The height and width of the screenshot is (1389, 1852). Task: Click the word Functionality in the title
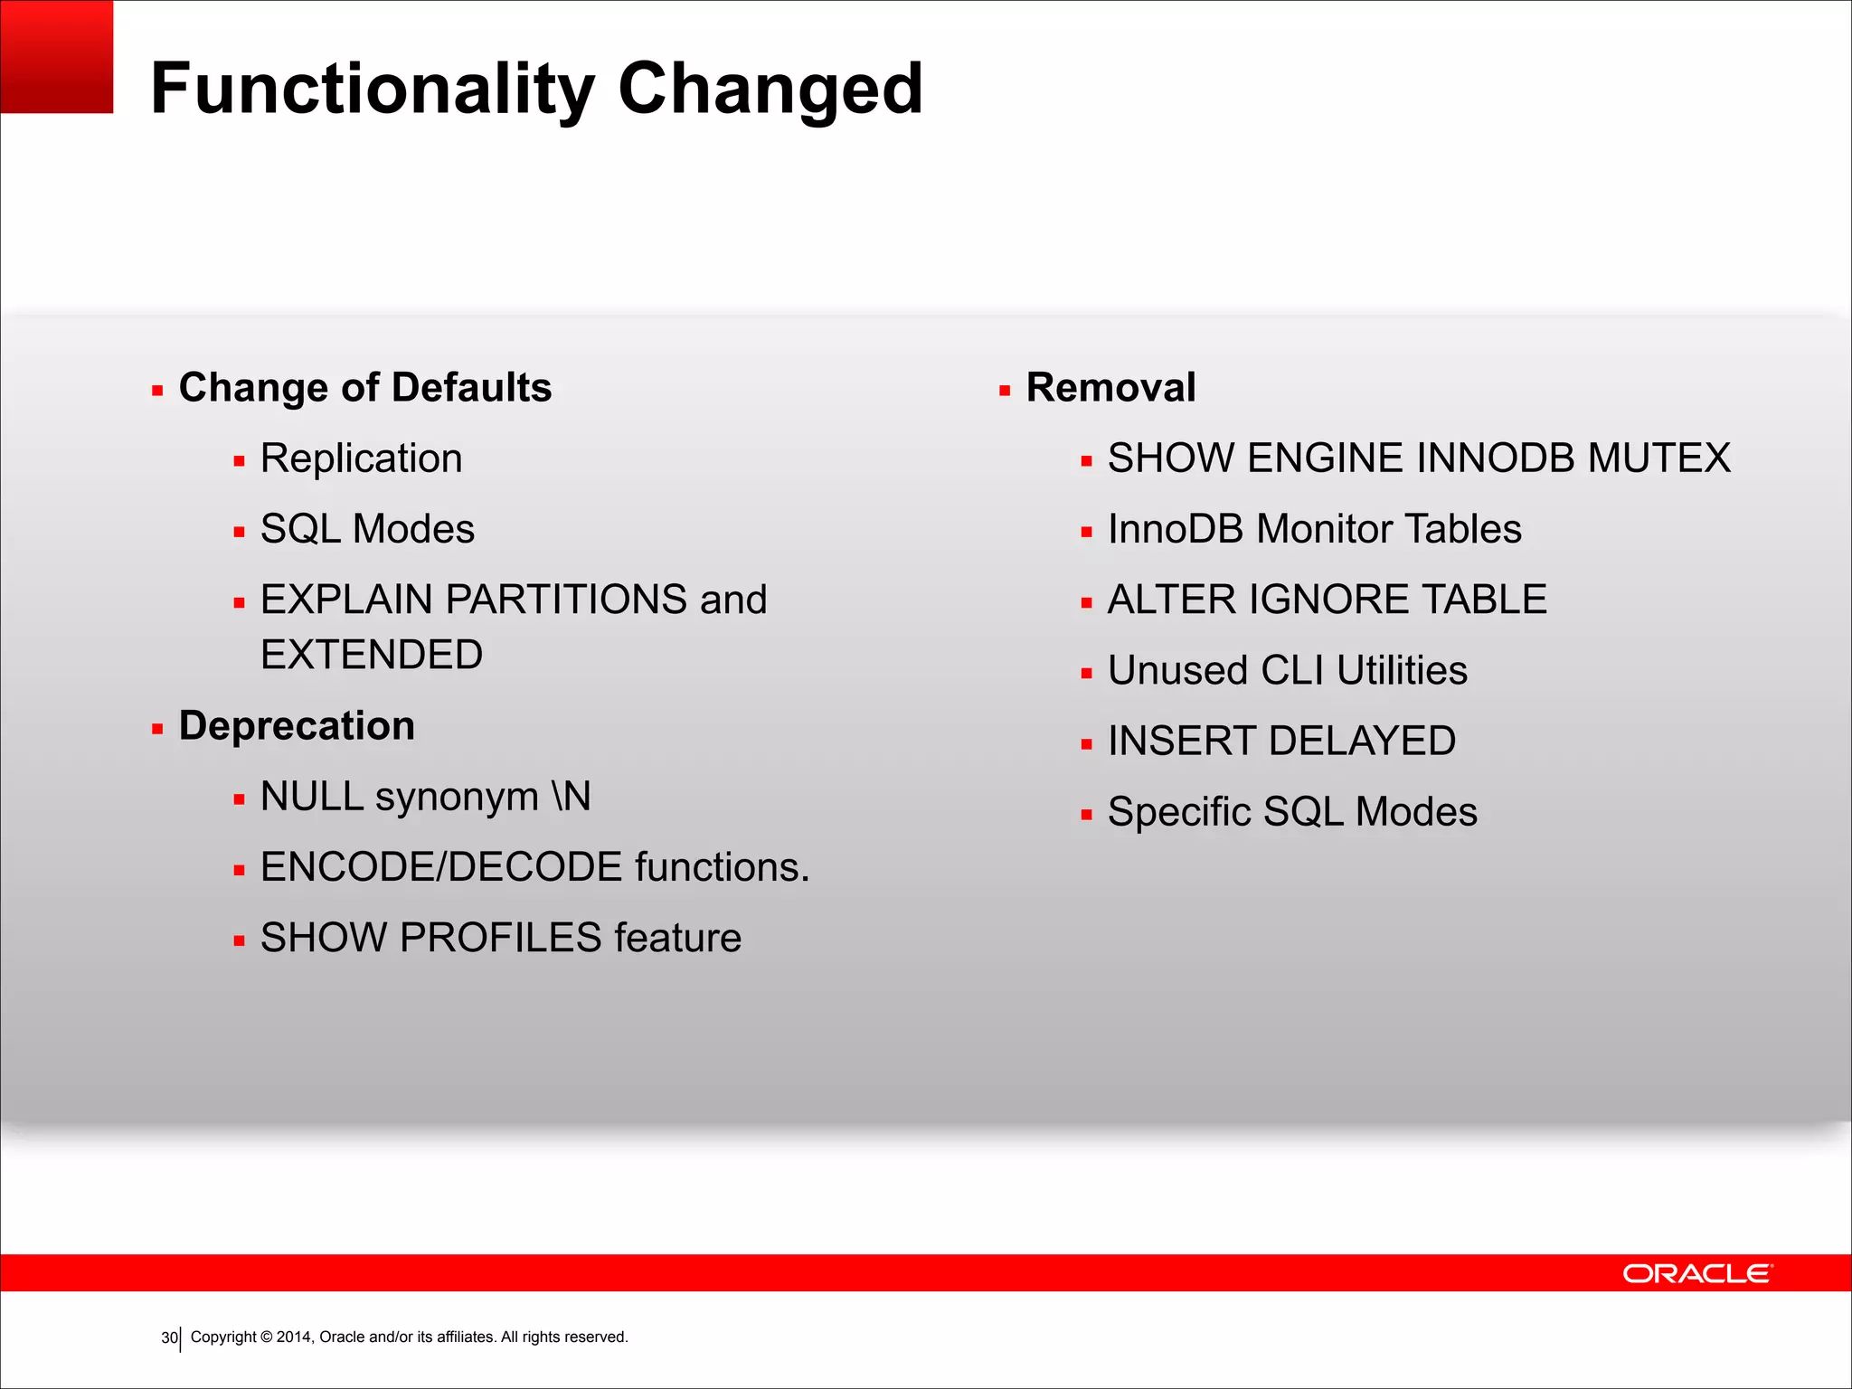372,90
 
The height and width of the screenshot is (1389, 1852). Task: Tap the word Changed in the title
770,90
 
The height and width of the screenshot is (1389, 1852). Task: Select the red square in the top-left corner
56,56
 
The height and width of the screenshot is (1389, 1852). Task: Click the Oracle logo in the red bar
1697,1273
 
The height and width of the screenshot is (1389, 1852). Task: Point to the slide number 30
169,1337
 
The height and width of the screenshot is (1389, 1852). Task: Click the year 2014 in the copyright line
294,1337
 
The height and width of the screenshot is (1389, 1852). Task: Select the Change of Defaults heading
365,388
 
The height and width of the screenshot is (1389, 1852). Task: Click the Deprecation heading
297,726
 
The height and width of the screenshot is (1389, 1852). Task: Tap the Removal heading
1110,388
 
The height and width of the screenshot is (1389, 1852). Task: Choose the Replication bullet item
361,458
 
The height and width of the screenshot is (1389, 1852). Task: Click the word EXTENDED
372,655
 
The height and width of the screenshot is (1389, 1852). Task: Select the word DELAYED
1364,742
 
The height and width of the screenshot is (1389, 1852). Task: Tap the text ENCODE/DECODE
441,867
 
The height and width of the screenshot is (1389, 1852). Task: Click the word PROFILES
500,938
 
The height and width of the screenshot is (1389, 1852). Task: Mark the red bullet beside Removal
1005,392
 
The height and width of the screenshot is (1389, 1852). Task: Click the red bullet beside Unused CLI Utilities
1086,674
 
